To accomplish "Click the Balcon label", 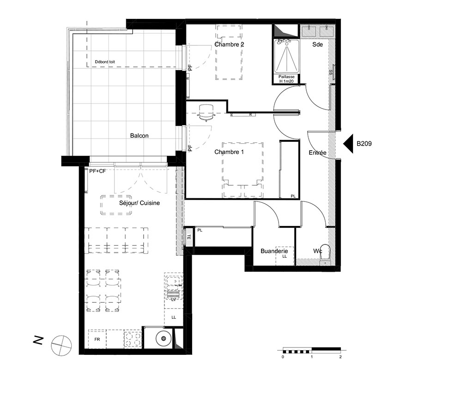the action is click(140, 136).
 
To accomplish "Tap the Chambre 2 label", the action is click(229, 44).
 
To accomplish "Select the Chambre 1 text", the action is click(229, 152).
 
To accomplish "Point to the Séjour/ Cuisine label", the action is click(140, 203).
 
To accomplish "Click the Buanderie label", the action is click(274, 251).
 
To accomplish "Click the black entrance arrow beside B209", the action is click(348, 144).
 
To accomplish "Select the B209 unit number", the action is click(364, 144).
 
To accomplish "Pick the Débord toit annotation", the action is click(105, 62).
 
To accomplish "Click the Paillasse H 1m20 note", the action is click(286, 79).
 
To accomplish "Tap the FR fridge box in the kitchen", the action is click(97, 339).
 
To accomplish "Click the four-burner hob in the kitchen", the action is click(133, 340).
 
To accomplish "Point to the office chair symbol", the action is click(206, 113).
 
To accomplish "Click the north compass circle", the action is click(61, 345).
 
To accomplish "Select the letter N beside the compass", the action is click(39, 340).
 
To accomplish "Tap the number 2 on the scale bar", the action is click(340, 357).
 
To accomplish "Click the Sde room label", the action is click(318, 44).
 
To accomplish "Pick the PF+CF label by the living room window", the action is click(97, 171).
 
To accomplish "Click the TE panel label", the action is click(189, 237).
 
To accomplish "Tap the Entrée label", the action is click(318, 152).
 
